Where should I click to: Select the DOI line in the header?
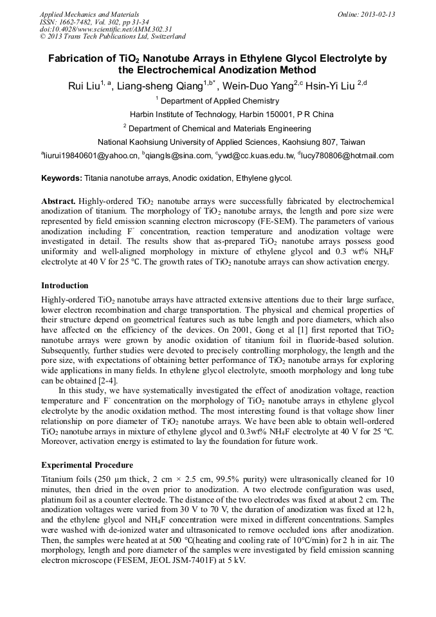(105, 30)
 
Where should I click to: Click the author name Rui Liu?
(82, 86)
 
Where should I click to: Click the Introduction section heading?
(65, 285)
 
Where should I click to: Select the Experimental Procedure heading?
(87, 465)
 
